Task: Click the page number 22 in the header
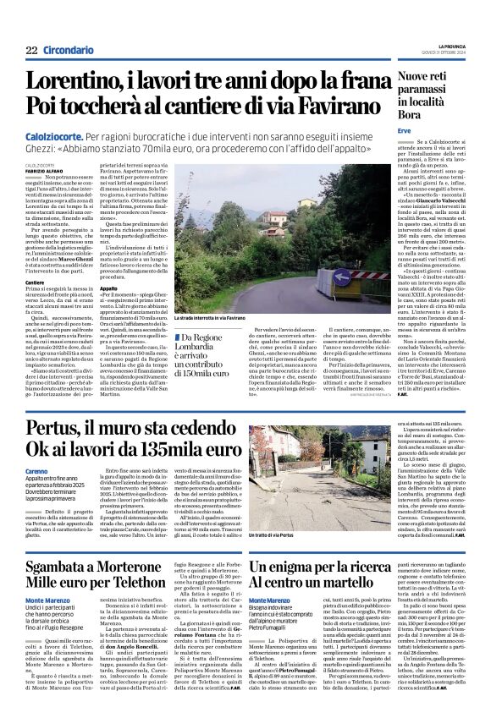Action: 31,51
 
